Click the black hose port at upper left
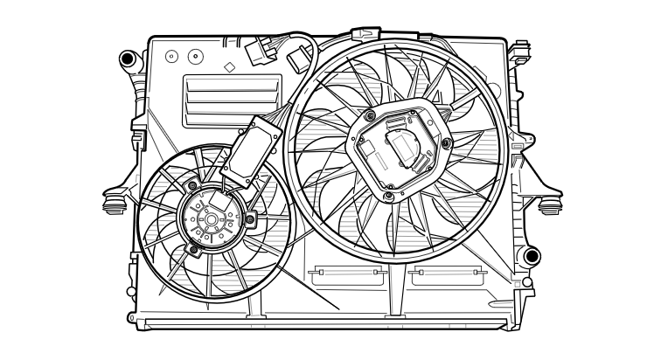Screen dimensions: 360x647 pyautogui.click(x=129, y=60)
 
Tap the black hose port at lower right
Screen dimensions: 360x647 pyautogui.click(x=532, y=256)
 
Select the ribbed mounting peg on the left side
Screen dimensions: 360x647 pyautogui.click(x=113, y=204)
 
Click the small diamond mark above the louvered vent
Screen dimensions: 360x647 pyautogui.click(x=228, y=66)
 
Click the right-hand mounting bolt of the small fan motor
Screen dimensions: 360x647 pyautogui.click(x=250, y=218)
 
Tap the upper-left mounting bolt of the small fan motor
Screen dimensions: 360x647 pyautogui.click(x=192, y=185)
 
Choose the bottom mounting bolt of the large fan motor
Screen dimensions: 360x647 pyautogui.click(x=386, y=194)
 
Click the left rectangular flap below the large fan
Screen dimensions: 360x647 pyautogui.click(x=347, y=276)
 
